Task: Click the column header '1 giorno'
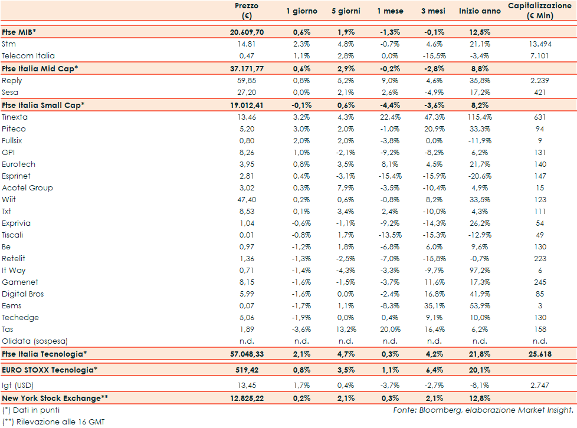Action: (301, 11)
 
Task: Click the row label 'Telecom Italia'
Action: (28, 55)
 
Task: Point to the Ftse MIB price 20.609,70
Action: (246, 32)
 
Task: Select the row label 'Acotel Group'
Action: (27, 187)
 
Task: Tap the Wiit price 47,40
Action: (248, 199)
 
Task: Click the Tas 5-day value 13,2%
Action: (344, 329)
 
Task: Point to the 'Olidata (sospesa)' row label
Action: (35, 341)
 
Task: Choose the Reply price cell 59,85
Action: (248, 80)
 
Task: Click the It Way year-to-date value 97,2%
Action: (480, 270)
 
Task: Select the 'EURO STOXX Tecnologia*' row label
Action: (50, 370)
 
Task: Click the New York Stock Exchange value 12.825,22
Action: (246, 398)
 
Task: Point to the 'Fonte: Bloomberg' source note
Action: (483, 410)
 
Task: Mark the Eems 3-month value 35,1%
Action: (434, 305)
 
